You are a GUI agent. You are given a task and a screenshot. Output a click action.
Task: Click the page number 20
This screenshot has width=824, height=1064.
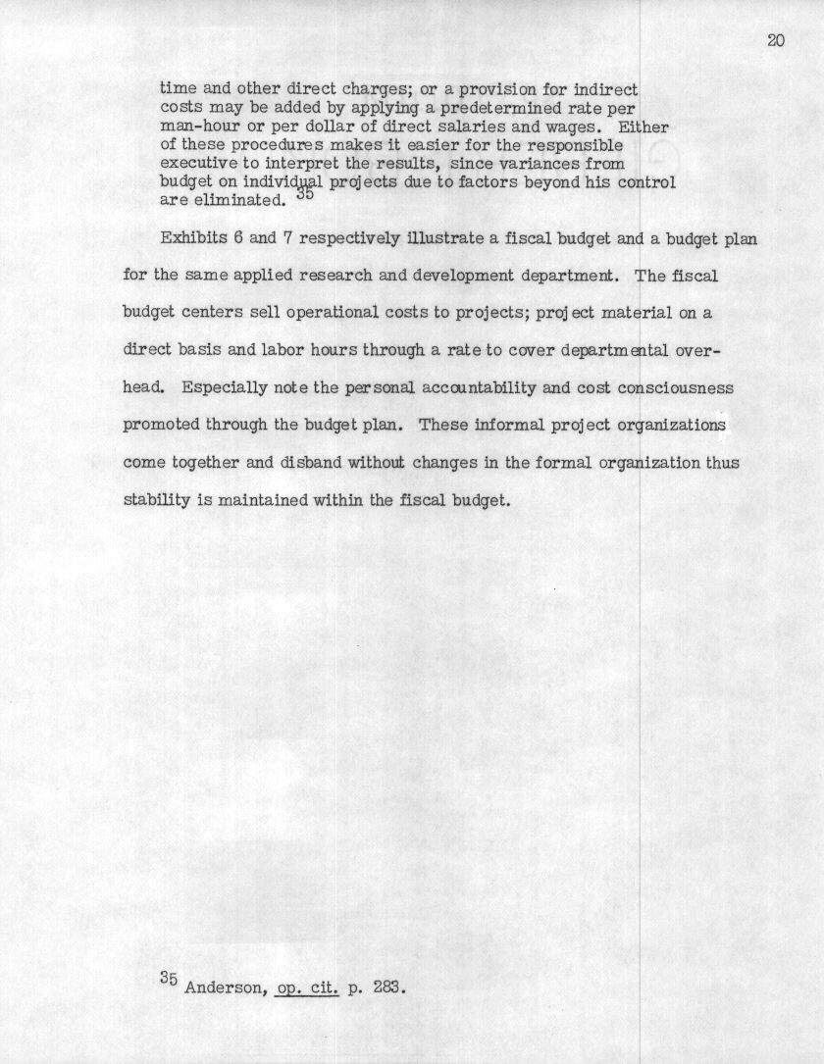pyautogui.click(x=776, y=40)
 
